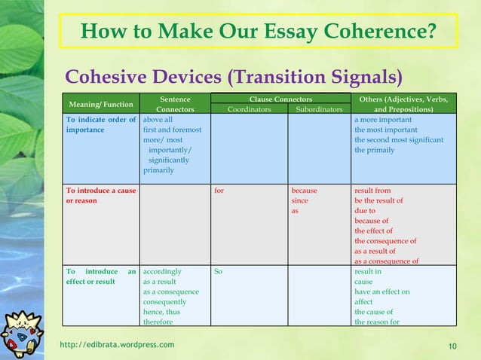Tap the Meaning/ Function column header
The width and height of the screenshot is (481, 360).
[101, 104]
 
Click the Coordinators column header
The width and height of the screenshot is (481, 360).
[250, 108]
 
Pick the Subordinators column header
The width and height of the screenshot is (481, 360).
[319, 108]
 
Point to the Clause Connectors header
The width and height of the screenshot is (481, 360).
[280, 99]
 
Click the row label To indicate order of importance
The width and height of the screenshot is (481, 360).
[100, 124]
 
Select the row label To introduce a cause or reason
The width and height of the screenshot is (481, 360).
[100, 196]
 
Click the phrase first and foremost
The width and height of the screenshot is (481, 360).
[172, 130]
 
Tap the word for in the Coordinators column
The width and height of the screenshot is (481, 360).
[219, 191]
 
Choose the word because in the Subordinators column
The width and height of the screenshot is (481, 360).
[305, 191]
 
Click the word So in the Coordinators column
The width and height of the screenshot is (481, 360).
[218, 271]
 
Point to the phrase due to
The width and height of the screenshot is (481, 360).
[365, 211]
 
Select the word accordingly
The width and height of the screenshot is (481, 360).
[163, 271]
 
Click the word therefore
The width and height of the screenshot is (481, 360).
[158, 322]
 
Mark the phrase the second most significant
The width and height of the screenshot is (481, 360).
[399, 139]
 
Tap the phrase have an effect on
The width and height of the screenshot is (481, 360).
[382, 291]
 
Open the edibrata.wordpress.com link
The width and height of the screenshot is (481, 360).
[117, 345]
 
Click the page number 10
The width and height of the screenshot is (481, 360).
[452, 346]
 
